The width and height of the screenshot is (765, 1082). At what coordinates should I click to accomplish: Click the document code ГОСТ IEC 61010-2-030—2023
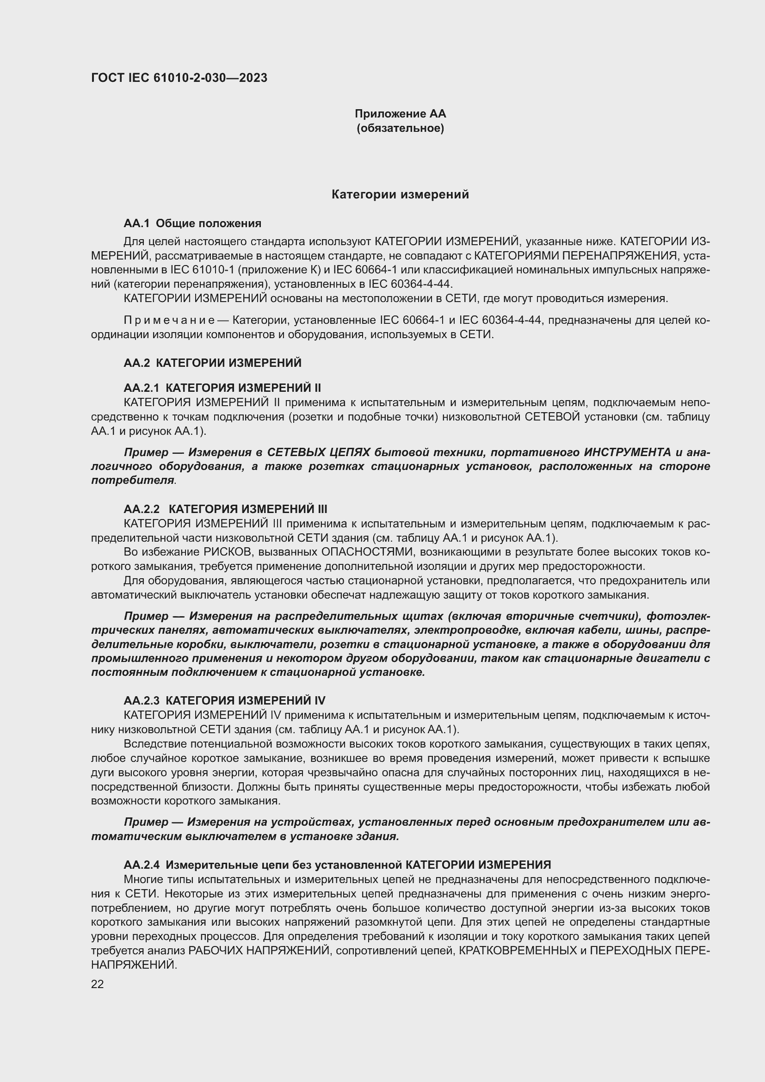tap(179, 78)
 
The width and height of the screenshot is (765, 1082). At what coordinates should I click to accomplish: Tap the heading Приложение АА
tap(400, 114)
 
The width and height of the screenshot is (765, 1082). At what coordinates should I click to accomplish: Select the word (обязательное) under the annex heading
tap(400, 128)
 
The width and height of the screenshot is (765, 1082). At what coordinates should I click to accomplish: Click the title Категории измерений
tap(400, 195)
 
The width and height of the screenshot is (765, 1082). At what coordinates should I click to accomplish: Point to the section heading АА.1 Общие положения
tap(192, 223)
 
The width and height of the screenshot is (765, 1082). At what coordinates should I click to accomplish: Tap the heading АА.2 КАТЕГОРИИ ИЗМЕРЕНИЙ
tap(212, 363)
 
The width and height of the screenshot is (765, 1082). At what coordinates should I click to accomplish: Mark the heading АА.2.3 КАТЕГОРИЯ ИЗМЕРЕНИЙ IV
tap(224, 700)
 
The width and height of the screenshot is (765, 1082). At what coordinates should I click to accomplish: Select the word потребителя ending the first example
tap(132, 481)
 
